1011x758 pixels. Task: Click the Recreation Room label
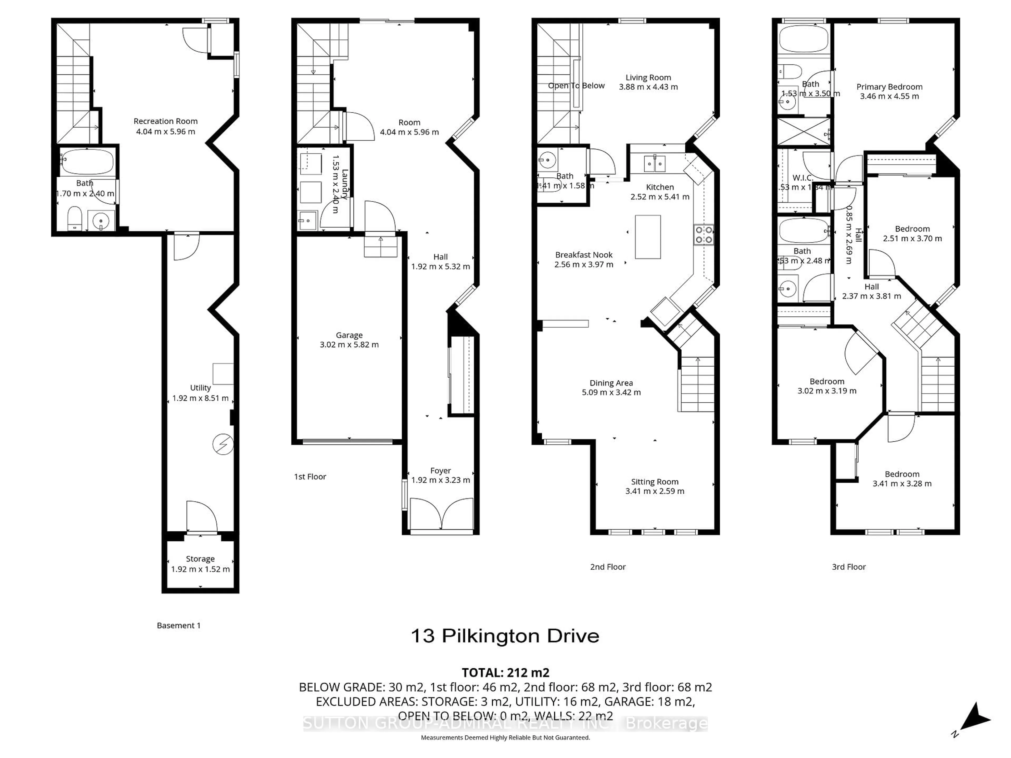tap(165, 121)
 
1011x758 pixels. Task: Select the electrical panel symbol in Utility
tap(223, 444)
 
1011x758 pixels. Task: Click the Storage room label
tap(200, 559)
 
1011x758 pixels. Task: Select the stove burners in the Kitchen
tap(703, 235)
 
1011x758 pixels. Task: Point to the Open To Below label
tap(576, 86)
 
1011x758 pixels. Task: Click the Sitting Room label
tap(655, 482)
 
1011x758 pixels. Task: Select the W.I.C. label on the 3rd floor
tap(802, 178)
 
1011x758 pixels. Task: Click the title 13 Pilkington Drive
tap(505, 636)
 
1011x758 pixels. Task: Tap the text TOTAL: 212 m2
tap(505, 672)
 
